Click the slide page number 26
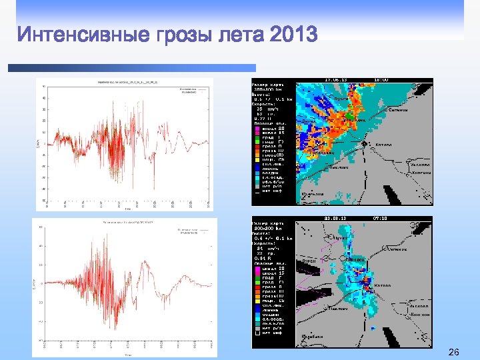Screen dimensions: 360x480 [455, 351]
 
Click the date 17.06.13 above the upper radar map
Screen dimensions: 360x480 [335, 79]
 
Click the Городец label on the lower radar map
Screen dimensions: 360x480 [354, 259]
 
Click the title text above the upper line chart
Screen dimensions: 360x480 [123, 82]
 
